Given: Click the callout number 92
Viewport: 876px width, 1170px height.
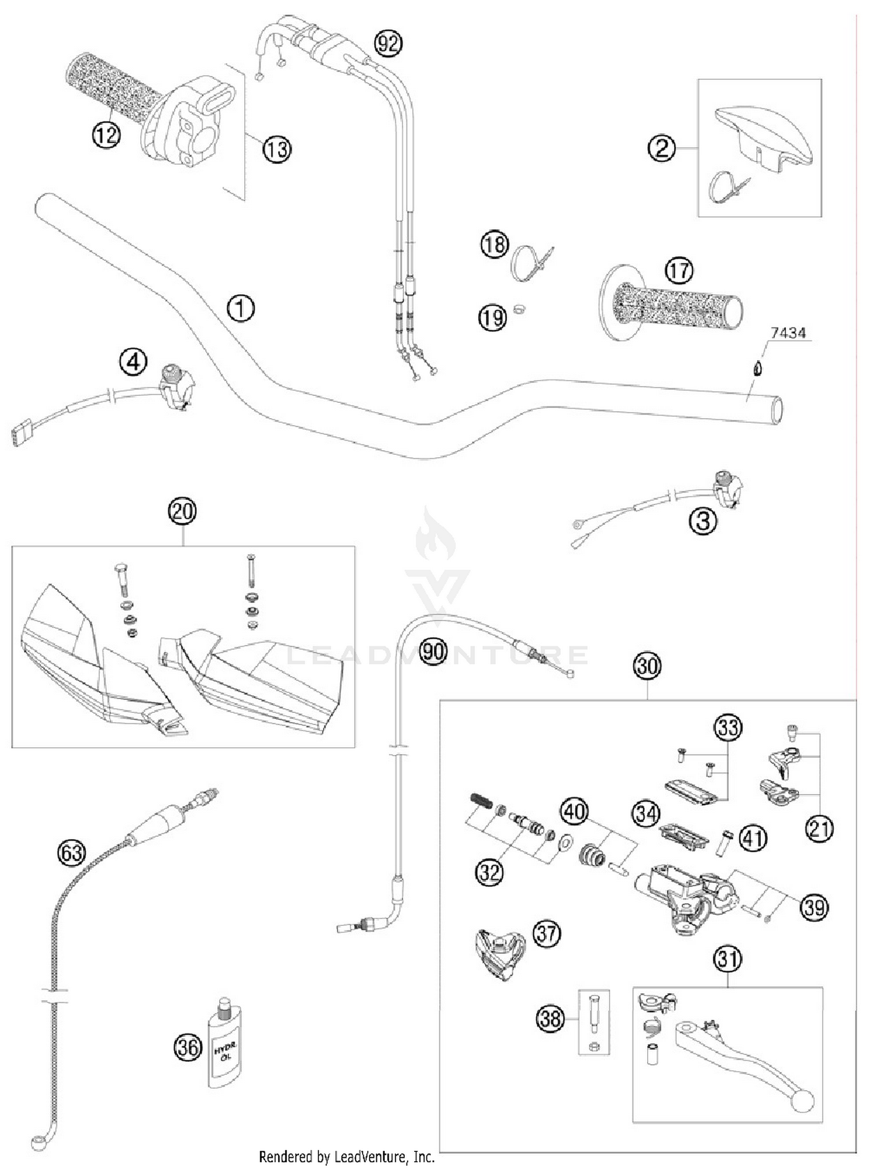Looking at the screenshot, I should click(x=388, y=43).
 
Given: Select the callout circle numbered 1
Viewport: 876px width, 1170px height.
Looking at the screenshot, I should click(x=241, y=308).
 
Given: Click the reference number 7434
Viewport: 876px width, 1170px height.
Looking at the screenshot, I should click(x=788, y=333).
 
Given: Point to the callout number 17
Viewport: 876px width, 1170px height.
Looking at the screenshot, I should click(x=679, y=270).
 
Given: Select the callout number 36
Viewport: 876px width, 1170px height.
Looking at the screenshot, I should click(x=188, y=1047).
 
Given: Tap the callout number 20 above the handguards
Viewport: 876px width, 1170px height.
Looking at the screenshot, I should click(x=182, y=511).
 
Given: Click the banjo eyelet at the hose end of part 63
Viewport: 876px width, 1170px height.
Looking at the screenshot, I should click(x=38, y=1142).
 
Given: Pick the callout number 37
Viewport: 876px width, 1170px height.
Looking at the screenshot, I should click(x=547, y=934).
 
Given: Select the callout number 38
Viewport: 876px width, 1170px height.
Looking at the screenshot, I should click(x=550, y=1019).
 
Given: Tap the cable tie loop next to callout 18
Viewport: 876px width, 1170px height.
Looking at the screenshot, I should click(x=529, y=263).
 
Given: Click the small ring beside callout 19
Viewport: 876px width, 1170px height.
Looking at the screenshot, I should click(x=518, y=308).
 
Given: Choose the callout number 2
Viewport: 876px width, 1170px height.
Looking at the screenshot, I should click(x=662, y=148).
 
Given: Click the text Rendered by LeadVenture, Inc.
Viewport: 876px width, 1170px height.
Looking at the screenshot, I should click(x=346, y=1157).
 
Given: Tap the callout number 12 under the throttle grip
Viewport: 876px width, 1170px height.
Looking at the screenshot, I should click(x=106, y=135).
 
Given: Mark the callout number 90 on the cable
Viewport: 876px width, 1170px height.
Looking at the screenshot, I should click(x=433, y=650).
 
